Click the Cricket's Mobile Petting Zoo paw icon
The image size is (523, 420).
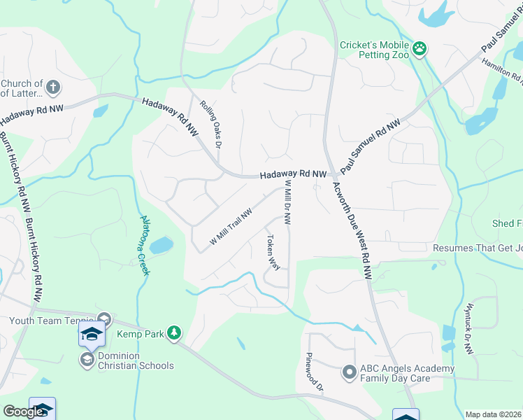tap(420, 48)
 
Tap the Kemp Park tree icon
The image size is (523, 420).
tap(174, 334)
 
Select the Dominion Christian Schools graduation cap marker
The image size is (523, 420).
tap(87, 360)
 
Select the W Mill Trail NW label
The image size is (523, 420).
tap(231, 228)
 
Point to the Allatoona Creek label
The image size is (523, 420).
tap(145, 244)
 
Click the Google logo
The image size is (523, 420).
tap(24, 412)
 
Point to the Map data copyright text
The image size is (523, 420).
tap(493, 414)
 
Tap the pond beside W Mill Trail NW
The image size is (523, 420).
tap(161, 246)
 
